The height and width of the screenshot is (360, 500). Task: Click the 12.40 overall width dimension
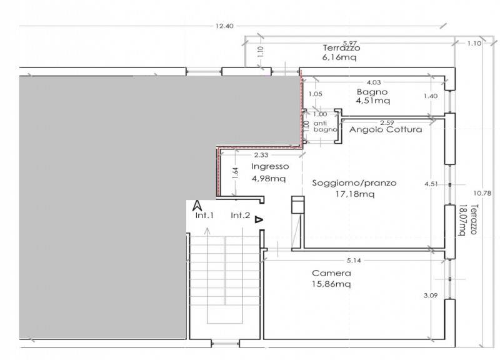(224, 26)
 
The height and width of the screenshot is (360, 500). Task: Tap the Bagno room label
(372, 92)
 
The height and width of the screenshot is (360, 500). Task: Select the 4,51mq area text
(372, 101)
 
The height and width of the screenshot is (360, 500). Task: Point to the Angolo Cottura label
(386, 129)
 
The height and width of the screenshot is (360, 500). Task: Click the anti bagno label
(325, 126)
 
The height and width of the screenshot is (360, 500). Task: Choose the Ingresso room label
(270, 166)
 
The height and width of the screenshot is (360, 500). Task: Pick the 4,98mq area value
(269, 179)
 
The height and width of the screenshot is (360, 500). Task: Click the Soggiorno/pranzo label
(354, 183)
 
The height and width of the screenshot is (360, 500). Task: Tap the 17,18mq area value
(355, 194)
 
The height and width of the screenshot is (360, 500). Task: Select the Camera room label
(331, 273)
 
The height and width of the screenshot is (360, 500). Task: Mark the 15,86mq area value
(331, 284)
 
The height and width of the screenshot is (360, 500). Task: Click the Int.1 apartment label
(204, 216)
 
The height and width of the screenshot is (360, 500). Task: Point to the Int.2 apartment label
(241, 216)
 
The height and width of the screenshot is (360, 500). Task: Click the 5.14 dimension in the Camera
(354, 261)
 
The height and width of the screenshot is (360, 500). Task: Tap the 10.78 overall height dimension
(482, 193)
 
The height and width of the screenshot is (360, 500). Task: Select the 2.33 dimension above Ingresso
(261, 155)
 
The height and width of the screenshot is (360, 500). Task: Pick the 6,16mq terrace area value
(339, 57)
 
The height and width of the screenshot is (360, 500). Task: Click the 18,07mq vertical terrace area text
(461, 220)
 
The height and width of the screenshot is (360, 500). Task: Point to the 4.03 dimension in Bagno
(374, 82)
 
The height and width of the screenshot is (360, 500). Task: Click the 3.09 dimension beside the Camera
(431, 295)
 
